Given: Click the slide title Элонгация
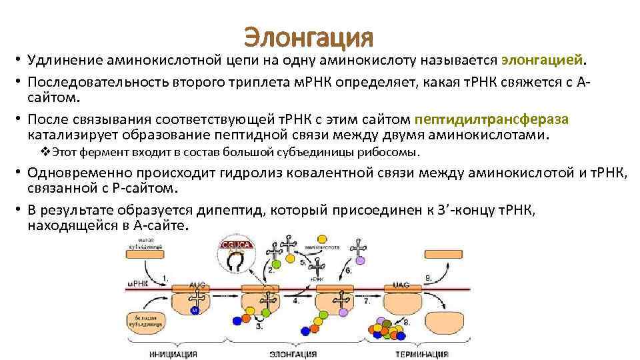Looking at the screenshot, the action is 308,37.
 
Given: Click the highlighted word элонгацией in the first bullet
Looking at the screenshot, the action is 542,61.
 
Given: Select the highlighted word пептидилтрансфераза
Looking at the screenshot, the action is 491,119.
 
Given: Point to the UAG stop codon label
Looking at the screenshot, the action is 401,284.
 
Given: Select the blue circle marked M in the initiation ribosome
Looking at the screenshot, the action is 195,310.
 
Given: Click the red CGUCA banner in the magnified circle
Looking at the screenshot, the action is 233,243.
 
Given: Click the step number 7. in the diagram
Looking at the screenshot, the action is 367,301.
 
